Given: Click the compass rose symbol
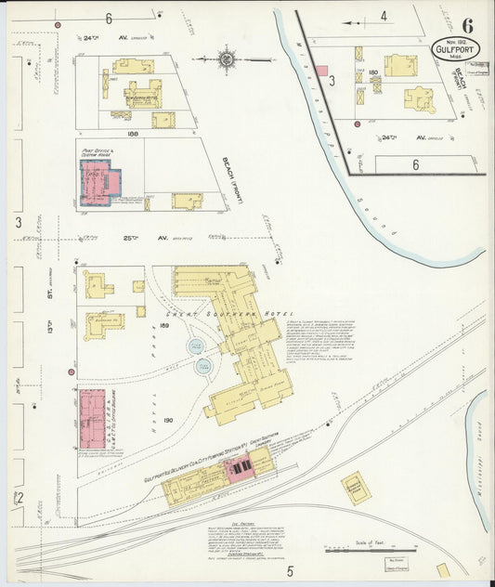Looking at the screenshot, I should coord(226,59).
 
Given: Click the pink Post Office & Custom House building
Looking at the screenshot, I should coord(101,181).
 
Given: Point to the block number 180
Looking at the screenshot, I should coord(373,72).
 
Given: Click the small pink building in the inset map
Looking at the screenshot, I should coord(322,71).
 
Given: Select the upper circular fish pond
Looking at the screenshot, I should coord(196,346).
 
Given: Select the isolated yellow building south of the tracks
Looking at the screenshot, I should coord(356,488).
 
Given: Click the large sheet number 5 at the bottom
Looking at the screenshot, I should coord(290,569).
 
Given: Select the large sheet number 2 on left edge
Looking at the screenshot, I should coord(17,498).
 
